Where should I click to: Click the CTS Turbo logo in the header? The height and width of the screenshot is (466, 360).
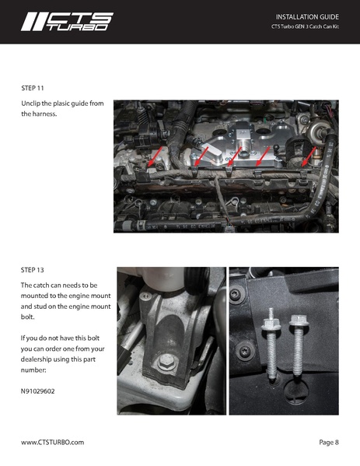pos(65,21)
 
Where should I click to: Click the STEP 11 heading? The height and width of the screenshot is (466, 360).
pos(34,89)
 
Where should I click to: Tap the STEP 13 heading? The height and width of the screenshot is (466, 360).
pos(34,270)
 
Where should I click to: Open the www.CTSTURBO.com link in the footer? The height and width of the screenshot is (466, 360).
pos(52,442)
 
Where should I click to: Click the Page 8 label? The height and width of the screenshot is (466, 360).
pos(329,442)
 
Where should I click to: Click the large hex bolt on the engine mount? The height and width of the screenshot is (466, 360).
pos(168,362)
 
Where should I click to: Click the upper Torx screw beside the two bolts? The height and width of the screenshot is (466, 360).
pos(235,295)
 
